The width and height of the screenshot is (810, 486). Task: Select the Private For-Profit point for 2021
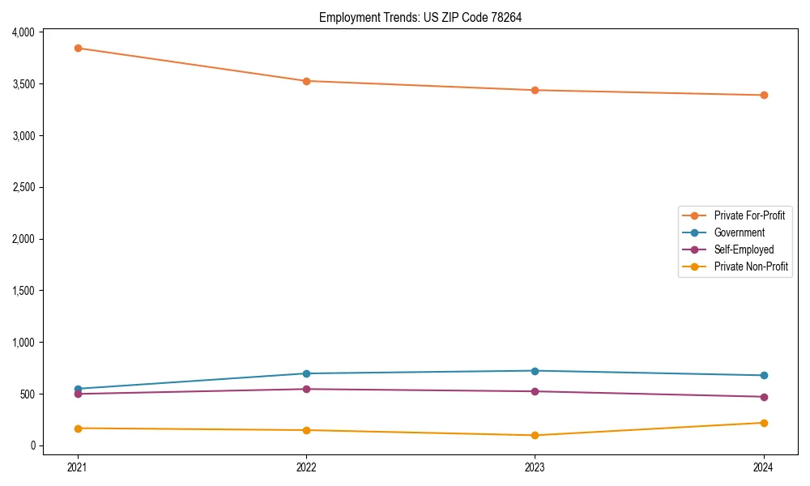pos(78,48)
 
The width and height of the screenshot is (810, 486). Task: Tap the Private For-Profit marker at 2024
pos(764,95)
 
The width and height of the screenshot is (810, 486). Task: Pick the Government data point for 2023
pos(535,371)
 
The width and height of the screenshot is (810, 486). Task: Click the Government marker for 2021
pos(78,389)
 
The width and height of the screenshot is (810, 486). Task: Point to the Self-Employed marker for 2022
pos(306,389)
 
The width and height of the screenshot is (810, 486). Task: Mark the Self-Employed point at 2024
pos(764,397)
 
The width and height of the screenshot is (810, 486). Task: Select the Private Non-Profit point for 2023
pos(535,435)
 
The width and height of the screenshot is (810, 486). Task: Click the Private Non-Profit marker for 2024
pos(764,423)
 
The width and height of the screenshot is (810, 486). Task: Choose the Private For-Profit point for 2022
pos(306,81)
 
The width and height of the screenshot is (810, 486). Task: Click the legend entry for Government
pos(739,232)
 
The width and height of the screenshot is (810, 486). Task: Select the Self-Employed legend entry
pos(744,249)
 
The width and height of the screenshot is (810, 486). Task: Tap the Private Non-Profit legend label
pos(751,266)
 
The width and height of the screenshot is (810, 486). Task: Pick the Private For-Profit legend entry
pos(749,215)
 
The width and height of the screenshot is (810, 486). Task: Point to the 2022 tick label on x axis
pos(306,467)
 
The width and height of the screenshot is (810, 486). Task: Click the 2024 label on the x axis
pos(764,467)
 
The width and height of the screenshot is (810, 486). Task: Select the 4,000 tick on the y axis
pos(23,32)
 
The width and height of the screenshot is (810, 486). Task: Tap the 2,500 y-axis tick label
pos(23,187)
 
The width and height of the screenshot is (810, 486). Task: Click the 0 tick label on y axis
pos(33,446)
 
